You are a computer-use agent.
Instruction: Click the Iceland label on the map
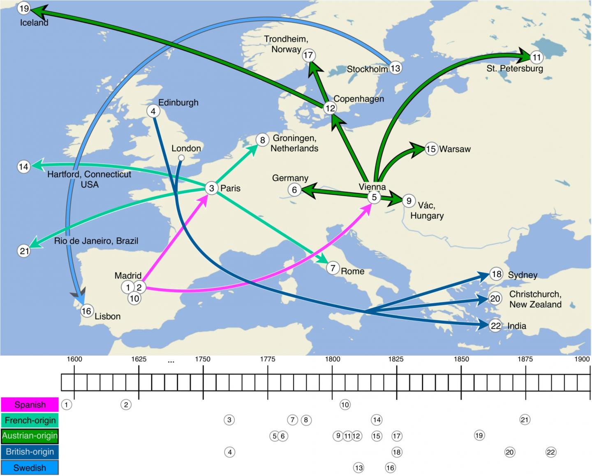click(34, 23)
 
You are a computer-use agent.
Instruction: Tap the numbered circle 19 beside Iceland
click(24, 8)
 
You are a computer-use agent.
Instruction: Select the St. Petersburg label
click(515, 68)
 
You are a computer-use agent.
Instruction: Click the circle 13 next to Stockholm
click(395, 68)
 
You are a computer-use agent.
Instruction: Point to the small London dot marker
click(181, 158)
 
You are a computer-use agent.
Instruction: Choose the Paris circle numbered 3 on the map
click(212, 189)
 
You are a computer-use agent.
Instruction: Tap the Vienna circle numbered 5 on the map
click(374, 197)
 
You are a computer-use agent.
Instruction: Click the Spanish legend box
click(30, 405)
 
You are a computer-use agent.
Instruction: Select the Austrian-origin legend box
click(30, 436)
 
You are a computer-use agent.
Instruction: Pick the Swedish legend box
click(30, 468)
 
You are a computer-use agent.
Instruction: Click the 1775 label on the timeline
click(268, 359)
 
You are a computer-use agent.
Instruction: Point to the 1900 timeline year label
click(582, 359)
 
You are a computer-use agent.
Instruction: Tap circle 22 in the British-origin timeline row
click(551, 452)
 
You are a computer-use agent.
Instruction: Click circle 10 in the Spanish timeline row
click(345, 405)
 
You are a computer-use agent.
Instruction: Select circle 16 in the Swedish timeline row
click(390, 467)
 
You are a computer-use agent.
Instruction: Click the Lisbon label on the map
click(108, 316)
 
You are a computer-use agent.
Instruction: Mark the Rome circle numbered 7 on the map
click(333, 268)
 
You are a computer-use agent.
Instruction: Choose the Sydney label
click(523, 275)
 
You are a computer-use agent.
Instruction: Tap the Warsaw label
click(455, 149)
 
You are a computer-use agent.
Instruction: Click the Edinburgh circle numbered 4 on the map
click(153, 111)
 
